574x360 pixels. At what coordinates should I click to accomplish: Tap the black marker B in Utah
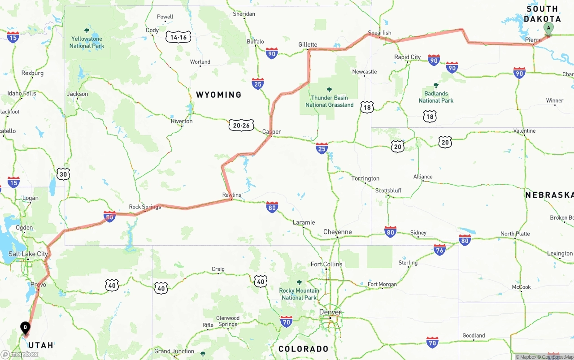25,328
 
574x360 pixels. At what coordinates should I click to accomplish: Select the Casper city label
271,132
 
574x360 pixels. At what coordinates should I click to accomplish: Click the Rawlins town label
231,195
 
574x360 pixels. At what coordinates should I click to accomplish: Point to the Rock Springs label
145,207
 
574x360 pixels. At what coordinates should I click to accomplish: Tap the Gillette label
308,44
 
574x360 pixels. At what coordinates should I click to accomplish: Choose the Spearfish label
379,33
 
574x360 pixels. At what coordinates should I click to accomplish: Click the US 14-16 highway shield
178,37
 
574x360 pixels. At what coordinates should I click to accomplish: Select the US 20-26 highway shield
241,126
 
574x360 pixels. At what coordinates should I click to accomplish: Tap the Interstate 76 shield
439,250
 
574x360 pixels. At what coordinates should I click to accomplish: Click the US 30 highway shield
63,174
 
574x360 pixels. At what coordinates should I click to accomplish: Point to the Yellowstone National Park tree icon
87,31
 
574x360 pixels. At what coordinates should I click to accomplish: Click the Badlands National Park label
436,97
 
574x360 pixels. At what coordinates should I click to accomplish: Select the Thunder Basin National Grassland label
330,101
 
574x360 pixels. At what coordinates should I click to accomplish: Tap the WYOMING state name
219,95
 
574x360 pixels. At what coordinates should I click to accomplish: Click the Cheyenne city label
338,232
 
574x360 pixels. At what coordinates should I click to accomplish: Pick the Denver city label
330,312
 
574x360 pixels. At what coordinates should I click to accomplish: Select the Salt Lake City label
28,254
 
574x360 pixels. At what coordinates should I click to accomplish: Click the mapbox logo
20,354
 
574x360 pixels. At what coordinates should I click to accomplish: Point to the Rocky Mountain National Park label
299,294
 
